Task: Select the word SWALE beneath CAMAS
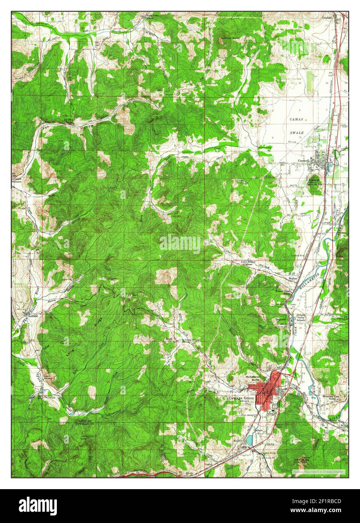coord(297,133)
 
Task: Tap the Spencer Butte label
coord(230,38)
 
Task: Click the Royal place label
coord(169,339)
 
